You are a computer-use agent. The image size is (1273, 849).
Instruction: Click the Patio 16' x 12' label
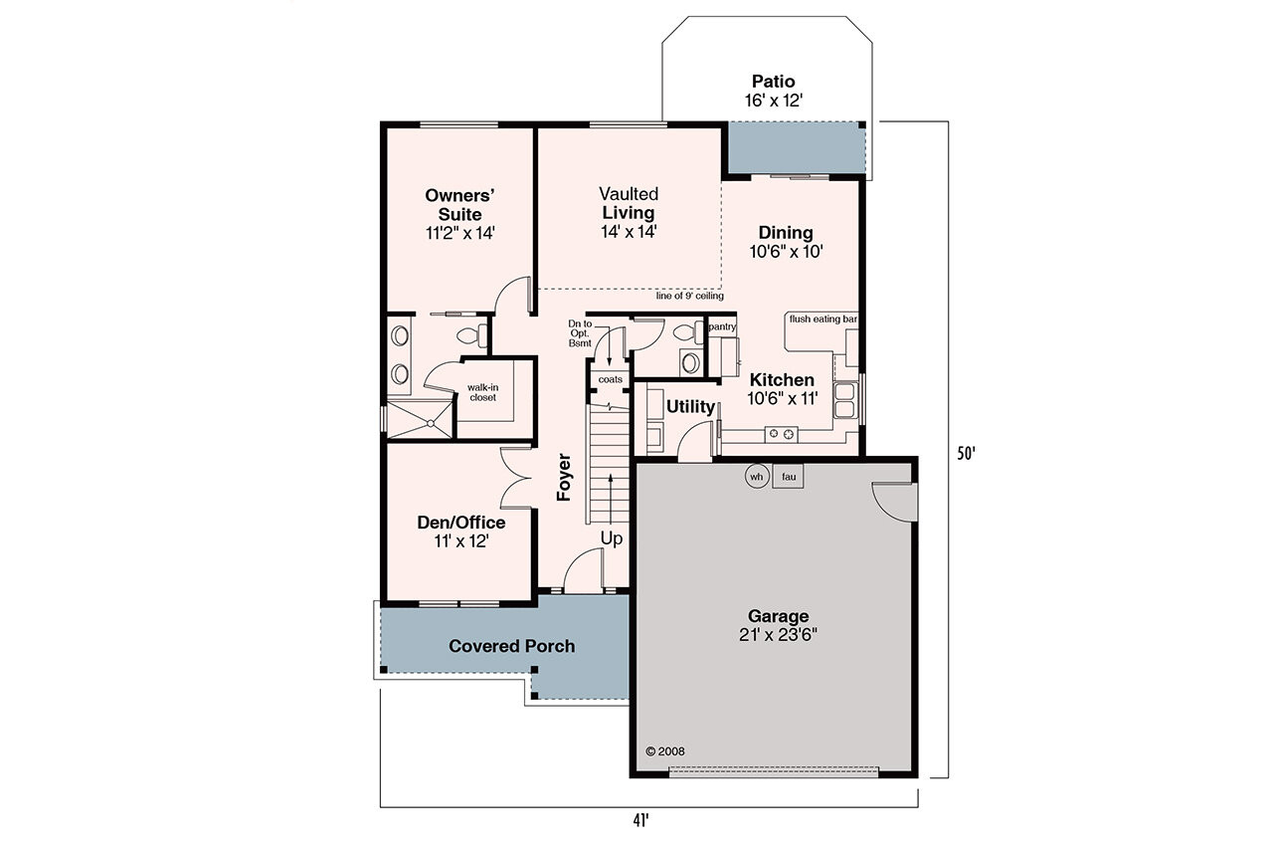coord(773,91)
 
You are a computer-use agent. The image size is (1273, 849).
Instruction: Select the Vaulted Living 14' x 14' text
coord(629,212)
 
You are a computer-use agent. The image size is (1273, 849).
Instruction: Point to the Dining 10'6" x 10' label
coord(786,242)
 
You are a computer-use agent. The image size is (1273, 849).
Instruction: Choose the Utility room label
coord(690,406)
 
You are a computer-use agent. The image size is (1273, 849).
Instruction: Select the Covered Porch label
coord(511,646)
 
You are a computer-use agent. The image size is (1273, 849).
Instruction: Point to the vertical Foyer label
coord(564,477)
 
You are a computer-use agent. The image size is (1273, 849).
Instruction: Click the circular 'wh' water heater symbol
coord(756,477)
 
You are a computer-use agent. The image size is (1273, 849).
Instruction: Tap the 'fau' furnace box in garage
coord(788,477)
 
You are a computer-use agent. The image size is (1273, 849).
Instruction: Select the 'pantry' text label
coord(721,326)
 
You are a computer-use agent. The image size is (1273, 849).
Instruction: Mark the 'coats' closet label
coord(610,379)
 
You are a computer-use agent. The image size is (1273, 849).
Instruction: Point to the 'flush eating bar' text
coord(822,319)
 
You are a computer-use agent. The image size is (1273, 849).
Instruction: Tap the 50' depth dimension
coord(966,454)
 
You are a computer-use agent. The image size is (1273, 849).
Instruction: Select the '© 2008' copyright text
coord(665,752)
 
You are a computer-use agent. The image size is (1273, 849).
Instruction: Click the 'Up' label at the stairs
coord(612,538)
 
